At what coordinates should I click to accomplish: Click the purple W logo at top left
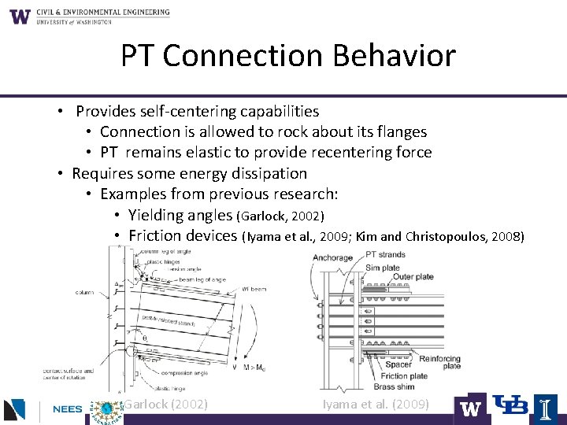20,17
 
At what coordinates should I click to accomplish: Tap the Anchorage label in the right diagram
332,258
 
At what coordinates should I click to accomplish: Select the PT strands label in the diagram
385,254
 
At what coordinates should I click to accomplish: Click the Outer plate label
413,277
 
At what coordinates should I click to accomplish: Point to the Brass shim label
394,386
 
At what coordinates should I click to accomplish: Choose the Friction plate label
404,376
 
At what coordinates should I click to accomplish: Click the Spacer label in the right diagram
398,365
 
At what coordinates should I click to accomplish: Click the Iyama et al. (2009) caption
376,405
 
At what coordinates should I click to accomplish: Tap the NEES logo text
69,410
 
